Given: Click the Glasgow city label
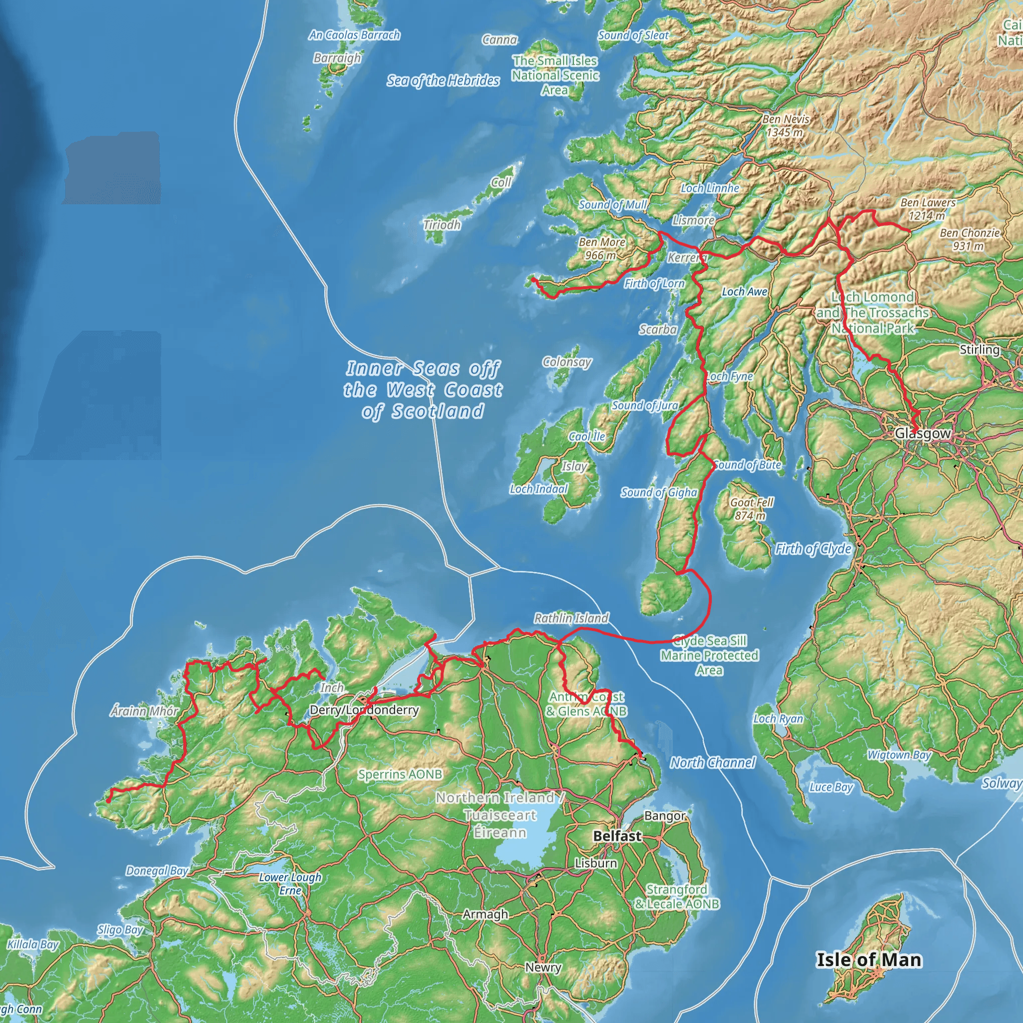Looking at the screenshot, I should [x=923, y=433].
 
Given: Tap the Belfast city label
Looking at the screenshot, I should [x=617, y=836].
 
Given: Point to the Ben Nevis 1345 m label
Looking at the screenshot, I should [x=785, y=126].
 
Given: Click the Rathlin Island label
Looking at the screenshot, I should [x=571, y=618].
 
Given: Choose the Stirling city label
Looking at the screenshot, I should [x=980, y=350].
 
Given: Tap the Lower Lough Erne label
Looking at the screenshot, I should [x=290, y=884].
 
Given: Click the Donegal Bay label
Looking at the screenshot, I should [x=157, y=871].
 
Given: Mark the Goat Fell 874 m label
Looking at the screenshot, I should [x=751, y=509].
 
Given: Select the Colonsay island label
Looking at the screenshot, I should [x=566, y=362].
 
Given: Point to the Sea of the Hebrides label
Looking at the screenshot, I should [x=443, y=80].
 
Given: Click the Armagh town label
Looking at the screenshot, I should [x=485, y=914].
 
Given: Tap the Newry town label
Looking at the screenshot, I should [x=543, y=968].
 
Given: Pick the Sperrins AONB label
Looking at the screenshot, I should [x=400, y=774].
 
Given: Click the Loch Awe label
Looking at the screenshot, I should [x=744, y=291].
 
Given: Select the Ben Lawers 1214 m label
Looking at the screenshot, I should [x=928, y=209].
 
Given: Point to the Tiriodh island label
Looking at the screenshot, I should [x=442, y=224].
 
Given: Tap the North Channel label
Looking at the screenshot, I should [x=713, y=762].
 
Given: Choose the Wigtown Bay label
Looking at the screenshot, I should [x=899, y=755].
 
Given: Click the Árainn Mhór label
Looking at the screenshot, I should [x=144, y=711].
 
